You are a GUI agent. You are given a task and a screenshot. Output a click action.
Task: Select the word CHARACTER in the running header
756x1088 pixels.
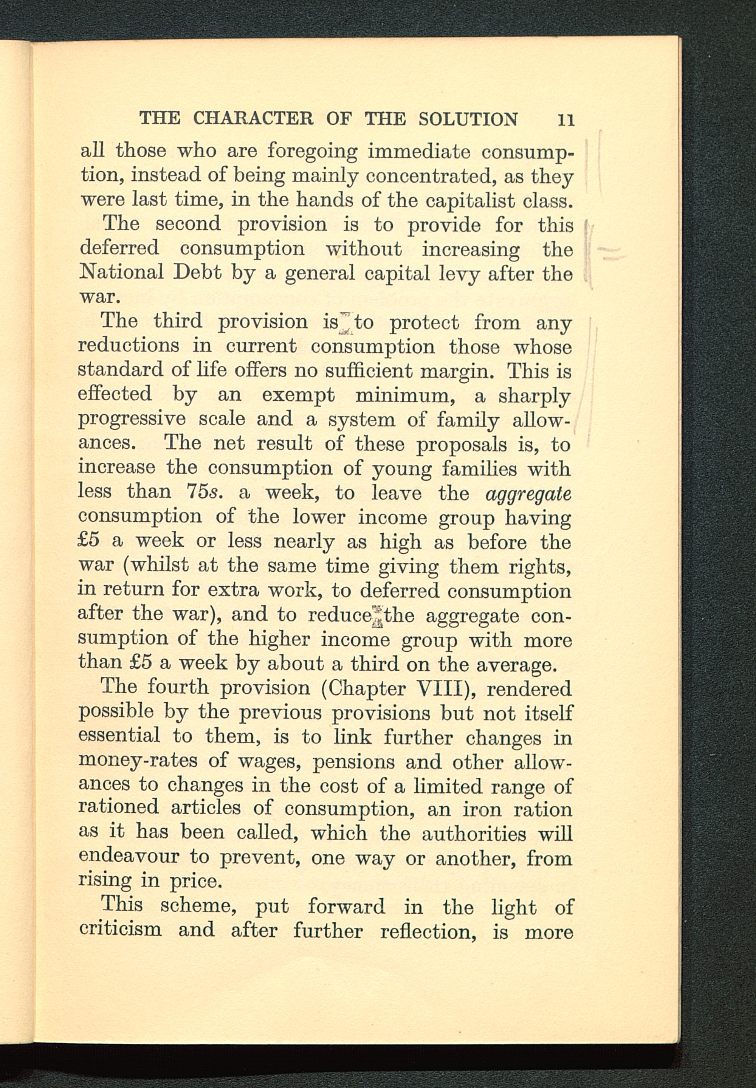point(253,118)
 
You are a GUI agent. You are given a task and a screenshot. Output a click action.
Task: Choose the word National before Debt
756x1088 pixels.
point(121,272)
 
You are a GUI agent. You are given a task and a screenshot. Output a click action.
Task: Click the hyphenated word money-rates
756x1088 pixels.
point(137,761)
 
